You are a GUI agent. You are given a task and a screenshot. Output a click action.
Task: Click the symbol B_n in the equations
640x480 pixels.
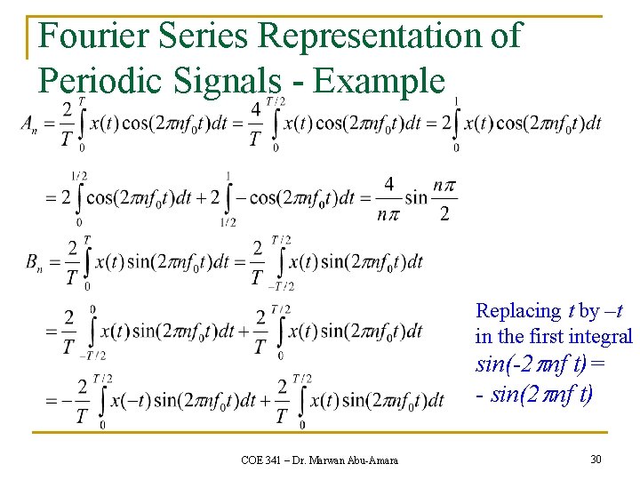click(x=33, y=261)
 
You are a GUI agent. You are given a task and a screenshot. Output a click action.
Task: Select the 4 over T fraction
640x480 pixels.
click(x=256, y=124)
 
